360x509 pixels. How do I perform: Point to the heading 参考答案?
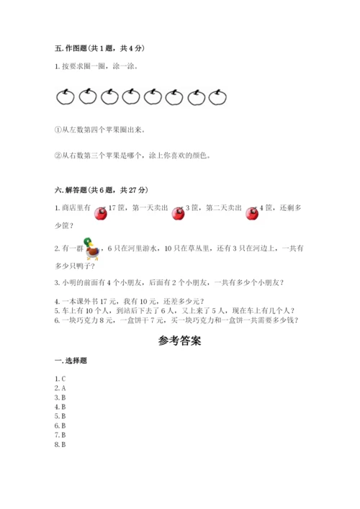click(x=179, y=341)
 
